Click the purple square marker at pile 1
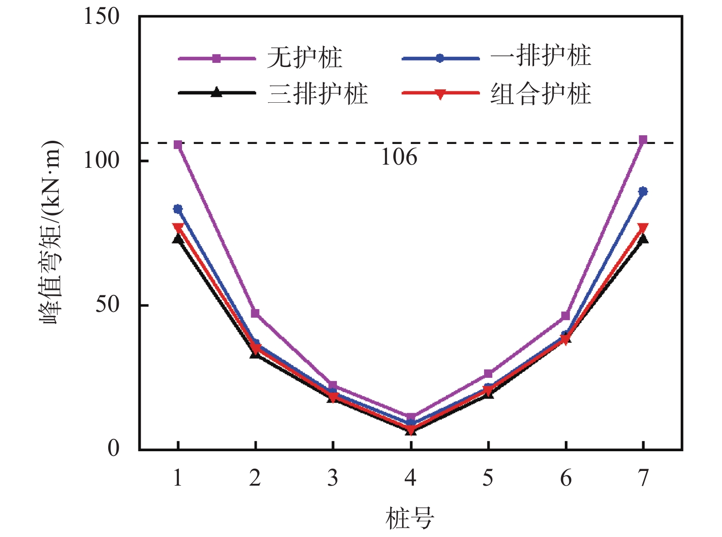tap(178, 145)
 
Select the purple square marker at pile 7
tap(643, 139)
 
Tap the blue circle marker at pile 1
tap(178, 209)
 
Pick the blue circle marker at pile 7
tap(643, 191)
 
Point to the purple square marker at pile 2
tap(255, 313)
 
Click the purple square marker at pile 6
tap(566, 316)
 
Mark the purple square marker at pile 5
tap(488, 374)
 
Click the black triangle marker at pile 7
tap(643, 238)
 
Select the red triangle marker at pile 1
tap(178, 227)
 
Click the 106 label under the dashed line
tap(399, 157)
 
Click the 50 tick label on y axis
tap(107, 304)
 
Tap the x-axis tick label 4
tap(410, 478)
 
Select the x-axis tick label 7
tap(644, 478)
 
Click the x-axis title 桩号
tap(409, 518)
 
